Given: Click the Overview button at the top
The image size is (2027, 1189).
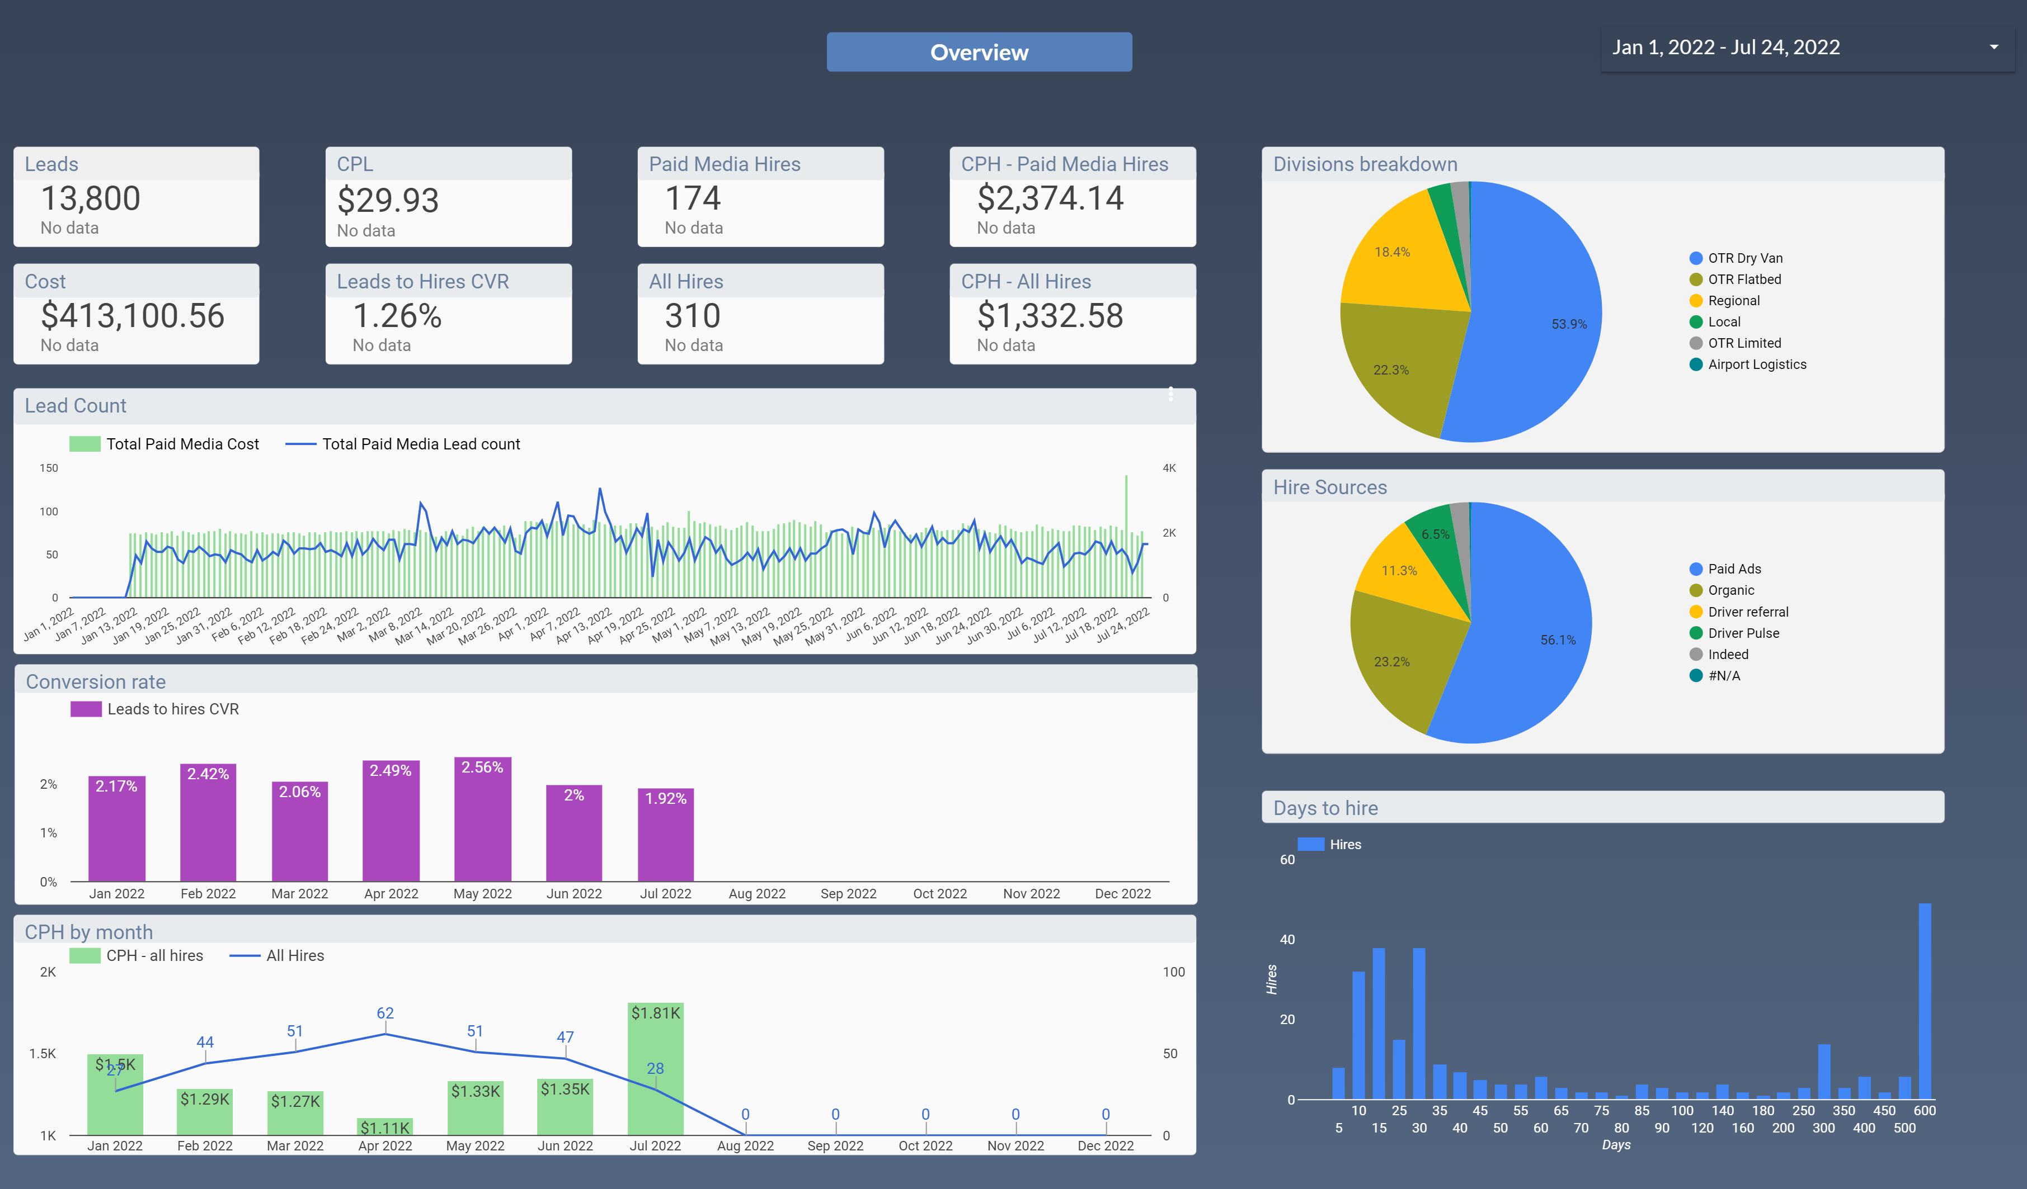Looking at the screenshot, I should tap(979, 52).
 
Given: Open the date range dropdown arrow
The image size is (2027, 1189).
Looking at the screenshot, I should tap(1993, 48).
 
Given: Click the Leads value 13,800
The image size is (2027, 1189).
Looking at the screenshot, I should tap(91, 198).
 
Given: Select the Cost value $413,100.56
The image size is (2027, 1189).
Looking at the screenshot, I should tap(133, 316).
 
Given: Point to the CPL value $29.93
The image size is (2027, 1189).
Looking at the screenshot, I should tap(388, 200).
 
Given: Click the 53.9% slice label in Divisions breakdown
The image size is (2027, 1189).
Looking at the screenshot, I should tap(1569, 324).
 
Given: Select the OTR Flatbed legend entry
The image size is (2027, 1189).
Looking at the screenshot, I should tap(1744, 279).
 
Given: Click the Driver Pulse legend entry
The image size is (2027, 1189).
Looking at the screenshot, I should tap(1743, 633).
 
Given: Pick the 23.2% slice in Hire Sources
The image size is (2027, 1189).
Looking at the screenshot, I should tap(1391, 662).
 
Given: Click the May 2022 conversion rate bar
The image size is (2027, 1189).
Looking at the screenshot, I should tap(483, 820).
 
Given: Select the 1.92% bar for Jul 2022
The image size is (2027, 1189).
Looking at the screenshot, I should tap(665, 836).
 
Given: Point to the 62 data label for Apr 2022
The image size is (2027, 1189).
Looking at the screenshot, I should tap(385, 1013).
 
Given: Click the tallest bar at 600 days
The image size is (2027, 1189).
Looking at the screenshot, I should tap(1924, 1001).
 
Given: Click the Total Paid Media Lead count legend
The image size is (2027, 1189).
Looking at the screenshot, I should tap(421, 444).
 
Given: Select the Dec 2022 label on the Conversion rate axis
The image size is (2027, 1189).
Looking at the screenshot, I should tap(1122, 893).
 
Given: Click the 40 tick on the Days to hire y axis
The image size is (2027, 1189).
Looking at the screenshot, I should tap(1287, 939).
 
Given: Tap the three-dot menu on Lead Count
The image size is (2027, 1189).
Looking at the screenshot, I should tap(1170, 394).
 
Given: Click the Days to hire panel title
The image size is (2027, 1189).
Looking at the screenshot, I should tap(1325, 808).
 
